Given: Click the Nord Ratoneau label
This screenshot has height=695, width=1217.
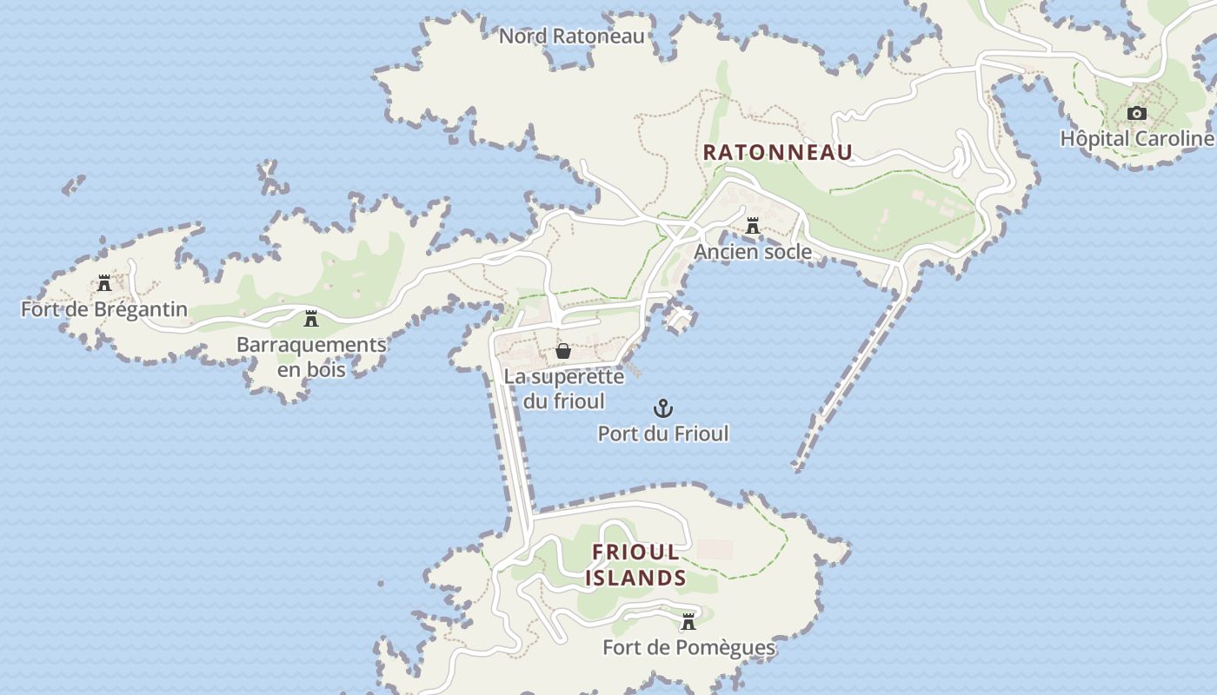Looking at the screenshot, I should [x=572, y=36].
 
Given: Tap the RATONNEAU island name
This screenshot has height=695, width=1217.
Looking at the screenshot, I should [x=777, y=152].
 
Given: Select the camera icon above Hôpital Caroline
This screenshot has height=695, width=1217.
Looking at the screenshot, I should [x=1136, y=114].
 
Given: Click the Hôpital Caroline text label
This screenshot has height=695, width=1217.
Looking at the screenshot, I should [x=1136, y=139].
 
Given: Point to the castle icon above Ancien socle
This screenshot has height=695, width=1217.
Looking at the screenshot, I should [x=753, y=227].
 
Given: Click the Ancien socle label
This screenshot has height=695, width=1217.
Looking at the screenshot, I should [x=753, y=252].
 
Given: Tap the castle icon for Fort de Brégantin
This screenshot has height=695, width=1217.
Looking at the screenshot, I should [x=104, y=283].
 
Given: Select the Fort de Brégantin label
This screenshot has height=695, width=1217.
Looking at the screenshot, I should [x=104, y=309].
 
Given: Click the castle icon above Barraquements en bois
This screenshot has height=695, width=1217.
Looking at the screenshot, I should [x=311, y=319].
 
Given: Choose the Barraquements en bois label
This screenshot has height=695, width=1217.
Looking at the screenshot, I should [x=311, y=356].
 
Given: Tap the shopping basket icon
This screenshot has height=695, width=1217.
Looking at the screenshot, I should [x=563, y=351].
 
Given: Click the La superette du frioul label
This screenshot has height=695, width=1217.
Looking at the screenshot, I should [x=563, y=388].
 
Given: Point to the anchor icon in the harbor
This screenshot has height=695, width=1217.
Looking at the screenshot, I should [x=663, y=407].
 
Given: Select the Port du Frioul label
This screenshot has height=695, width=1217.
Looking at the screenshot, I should [x=663, y=434].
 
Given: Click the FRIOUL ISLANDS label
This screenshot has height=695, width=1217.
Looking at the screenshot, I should [x=635, y=565].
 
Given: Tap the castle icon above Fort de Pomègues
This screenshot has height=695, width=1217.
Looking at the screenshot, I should [x=688, y=622].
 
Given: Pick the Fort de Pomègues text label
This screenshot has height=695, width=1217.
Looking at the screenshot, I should [x=688, y=648].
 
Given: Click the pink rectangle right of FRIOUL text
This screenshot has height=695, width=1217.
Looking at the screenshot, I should [x=715, y=550].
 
